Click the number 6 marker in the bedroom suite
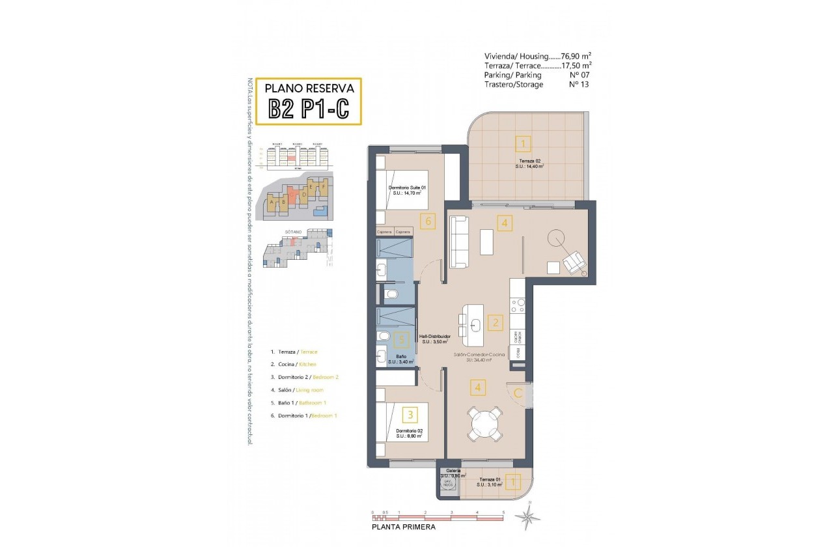[427, 221]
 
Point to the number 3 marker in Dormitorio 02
[410, 414]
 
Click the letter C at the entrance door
[518, 393]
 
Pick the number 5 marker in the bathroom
[402, 339]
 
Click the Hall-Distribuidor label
[436, 337]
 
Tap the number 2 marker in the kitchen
[496, 322]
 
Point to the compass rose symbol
[527, 517]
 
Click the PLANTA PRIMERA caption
[404, 527]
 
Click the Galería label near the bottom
[453, 470]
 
